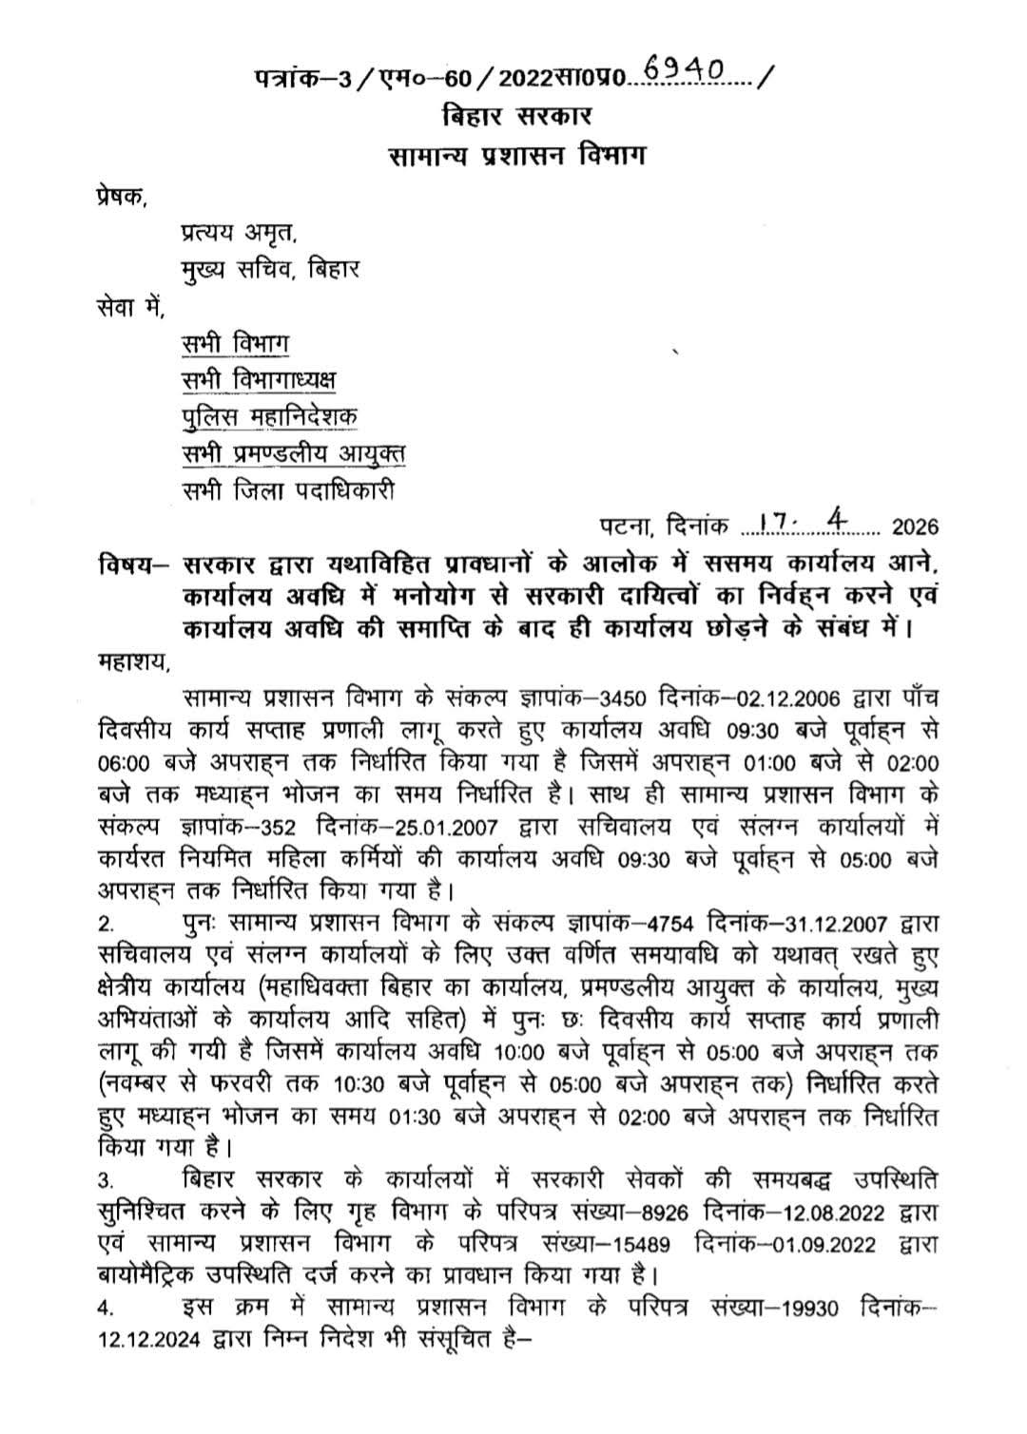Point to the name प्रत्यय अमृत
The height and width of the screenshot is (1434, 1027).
pyautogui.click(x=239, y=233)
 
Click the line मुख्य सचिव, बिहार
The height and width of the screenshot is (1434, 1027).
pyautogui.click(x=270, y=269)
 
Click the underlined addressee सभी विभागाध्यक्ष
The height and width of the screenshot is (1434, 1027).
pyautogui.click(x=259, y=380)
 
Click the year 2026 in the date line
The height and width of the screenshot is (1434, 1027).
pyautogui.click(x=915, y=527)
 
